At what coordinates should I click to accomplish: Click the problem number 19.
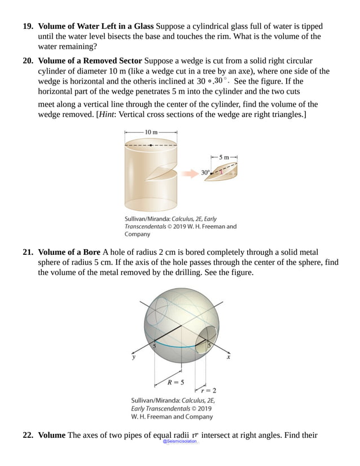pyautogui.click(x=28, y=26)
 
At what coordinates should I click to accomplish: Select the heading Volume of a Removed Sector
pyautogui.click(x=90, y=61)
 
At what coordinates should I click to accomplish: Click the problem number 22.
pyautogui.click(x=28, y=435)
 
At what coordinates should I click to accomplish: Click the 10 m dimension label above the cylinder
pyautogui.click(x=151, y=132)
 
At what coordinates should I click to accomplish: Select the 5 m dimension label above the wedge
pyautogui.click(x=225, y=156)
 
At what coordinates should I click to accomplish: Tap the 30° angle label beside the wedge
pyautogui.click(x=205, y=172)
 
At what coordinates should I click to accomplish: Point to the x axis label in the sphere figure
pyautogui.click(x=229, y=358)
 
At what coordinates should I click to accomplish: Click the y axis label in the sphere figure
pyautogui.click(x=134, y=358)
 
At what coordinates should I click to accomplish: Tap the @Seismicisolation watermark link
pyautogui.click(x=179, y=441)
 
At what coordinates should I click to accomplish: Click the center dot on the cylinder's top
pyautogui.click(x=151, y=145)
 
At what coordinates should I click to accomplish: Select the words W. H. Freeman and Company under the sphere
pyautogui.click(x=172, y=417)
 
